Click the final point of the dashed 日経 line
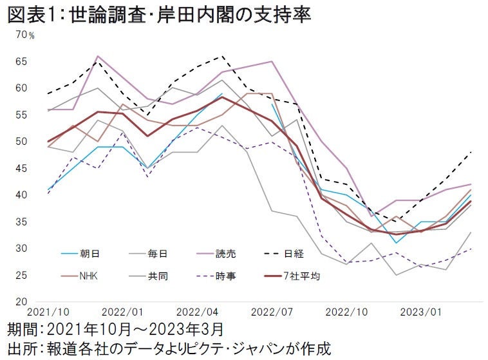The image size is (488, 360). (x=471, y=151)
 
